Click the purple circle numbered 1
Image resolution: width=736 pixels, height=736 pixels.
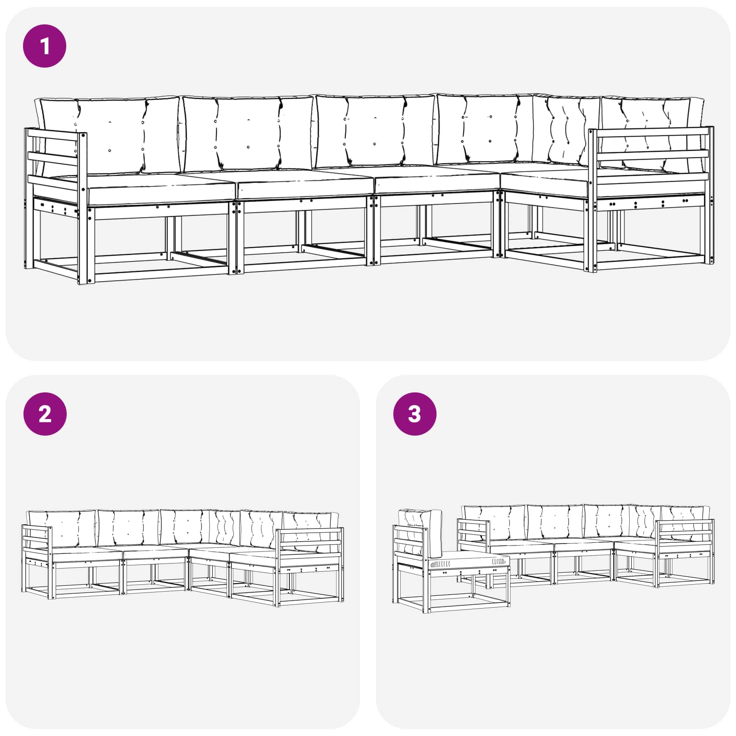45,46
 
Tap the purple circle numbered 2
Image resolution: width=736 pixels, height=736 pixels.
45,414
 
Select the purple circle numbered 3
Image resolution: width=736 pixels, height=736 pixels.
414,414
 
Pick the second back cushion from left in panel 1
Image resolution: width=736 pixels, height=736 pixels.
248,133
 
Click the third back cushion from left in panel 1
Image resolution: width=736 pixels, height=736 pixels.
375,131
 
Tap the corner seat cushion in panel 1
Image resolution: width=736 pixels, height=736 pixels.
545,177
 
